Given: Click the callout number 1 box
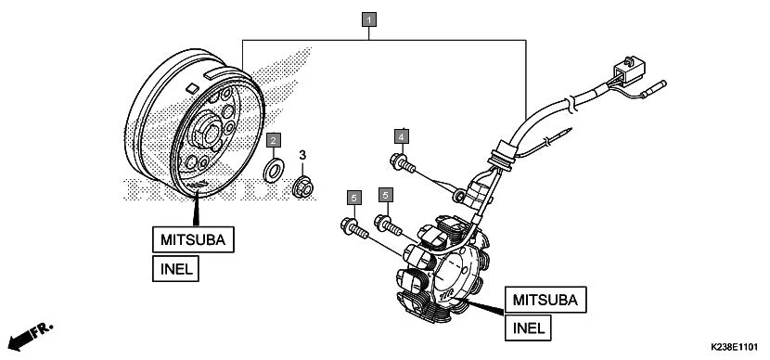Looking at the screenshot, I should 369,19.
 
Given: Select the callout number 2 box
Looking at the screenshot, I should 273,140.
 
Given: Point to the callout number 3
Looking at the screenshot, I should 302,155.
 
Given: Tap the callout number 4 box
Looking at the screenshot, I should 401,136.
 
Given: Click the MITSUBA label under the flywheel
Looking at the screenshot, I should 194,239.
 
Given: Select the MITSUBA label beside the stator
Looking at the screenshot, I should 545,299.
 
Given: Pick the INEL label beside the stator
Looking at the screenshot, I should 527,328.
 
